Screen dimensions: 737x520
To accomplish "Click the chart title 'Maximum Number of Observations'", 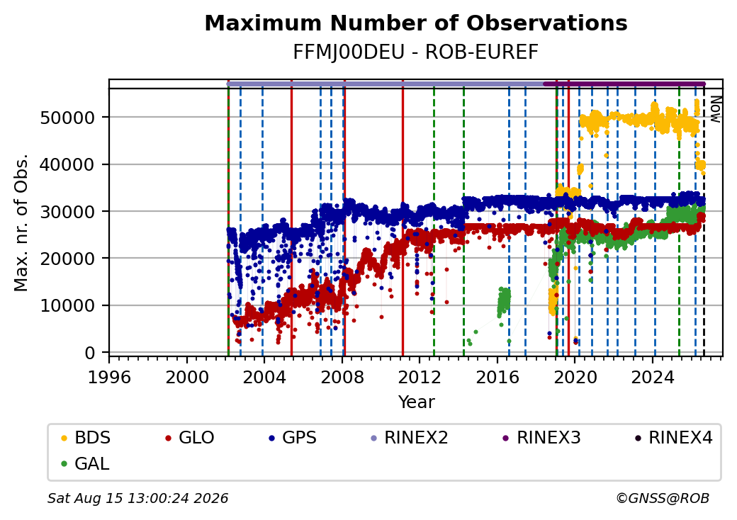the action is tap(416, 23).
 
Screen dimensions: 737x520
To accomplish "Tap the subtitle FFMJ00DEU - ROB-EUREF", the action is tap(415, 52).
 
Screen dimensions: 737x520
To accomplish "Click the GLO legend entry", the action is tap(190, 438).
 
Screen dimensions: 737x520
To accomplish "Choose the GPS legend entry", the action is tap(293, 438).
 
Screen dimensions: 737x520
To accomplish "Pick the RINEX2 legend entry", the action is tap(410, 438).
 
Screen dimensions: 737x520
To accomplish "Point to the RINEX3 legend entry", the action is tap(542, 438).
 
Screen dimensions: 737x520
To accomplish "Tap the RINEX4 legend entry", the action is tap(673, 438).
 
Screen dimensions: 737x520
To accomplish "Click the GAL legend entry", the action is tap(86, 463).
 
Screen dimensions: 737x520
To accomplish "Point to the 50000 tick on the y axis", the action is tap(68, 118).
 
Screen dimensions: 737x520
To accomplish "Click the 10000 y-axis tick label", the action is tap(68, 306).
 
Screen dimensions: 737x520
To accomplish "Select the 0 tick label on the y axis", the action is tap(90, 353).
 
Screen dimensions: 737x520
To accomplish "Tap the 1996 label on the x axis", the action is tap(110, 377).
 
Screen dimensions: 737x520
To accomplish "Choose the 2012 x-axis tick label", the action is tap(420, 377).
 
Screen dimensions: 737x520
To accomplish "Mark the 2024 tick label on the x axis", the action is tap(653, 377).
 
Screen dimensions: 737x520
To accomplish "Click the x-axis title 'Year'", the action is tap(417, 402).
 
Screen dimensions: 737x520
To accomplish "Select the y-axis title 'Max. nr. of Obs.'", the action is tap(21, 222).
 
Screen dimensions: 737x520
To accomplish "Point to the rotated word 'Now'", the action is tap(715, 109).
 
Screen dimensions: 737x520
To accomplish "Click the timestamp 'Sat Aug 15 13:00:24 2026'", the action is tap(138, 498).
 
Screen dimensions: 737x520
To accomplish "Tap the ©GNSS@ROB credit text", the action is tap(663, 498).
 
